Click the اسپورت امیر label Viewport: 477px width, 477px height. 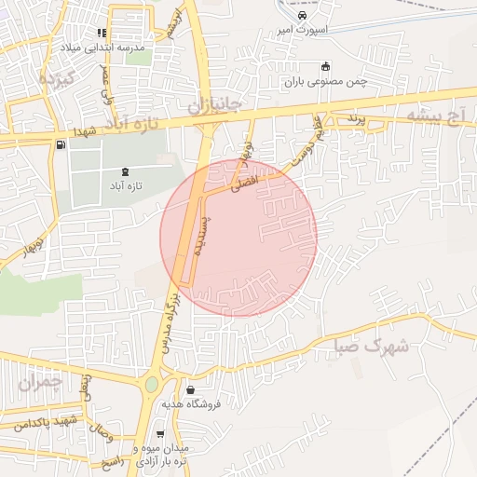click(299, 30)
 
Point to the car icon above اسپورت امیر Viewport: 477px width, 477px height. click(301, 16)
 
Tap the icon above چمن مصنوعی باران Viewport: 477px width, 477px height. click(324, 66)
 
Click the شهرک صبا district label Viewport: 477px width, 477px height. click(372, 346)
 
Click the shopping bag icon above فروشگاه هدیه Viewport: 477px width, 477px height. click(190, 390)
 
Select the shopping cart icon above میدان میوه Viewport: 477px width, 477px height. click(160, 434)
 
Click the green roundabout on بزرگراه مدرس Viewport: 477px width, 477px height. click(151, 384)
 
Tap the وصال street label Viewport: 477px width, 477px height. click(100, 433)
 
